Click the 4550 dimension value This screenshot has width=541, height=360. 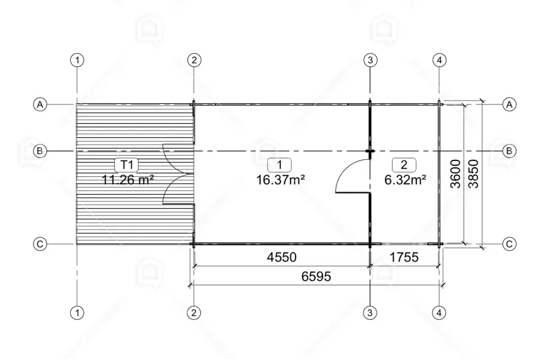pos(281,257)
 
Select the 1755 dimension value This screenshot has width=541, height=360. pos(404,257)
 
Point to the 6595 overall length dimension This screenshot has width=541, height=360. pos(316,276)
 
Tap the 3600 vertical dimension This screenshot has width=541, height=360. pos(456,174)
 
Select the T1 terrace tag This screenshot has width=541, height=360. pos(128,165)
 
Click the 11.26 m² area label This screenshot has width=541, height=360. pos(128,179)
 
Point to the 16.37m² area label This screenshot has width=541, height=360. pos(280,179)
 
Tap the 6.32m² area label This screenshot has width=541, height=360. pos(405,179)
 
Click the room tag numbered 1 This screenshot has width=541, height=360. pos(280,165)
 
